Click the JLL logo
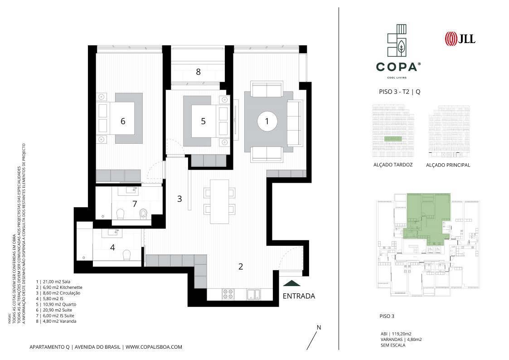(x=460, y=38)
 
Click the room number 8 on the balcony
(x=199, y=72)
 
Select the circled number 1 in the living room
(x=267, y=122)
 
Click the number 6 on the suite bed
(x=123, y=121)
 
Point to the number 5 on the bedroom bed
(x=203, y=121)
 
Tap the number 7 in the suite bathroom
(x=135, y=204)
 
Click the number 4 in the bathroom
(x=112, y=248)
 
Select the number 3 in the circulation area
(x=179, y=199)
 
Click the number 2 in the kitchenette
(x=241, y=267)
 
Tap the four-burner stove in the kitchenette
(x=228, y=294)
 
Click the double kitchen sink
(x=253, y=294)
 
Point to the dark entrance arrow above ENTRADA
(x=291, y=283)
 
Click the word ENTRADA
(x=299, y=296)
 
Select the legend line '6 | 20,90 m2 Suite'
(x=54, y=310)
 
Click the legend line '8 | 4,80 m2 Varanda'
(x=56, y=321)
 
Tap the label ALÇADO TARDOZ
(x=393, y=165)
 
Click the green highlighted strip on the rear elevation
(x=393, y=139)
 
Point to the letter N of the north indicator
(x=319, y=327)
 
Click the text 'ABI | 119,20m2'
(x=396, y=334)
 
